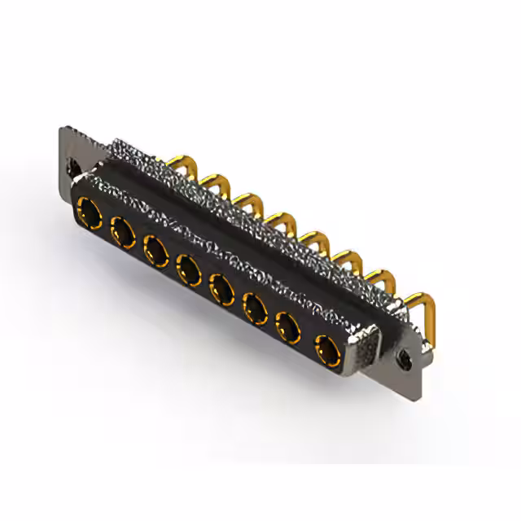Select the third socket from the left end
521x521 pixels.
tap(155, 250)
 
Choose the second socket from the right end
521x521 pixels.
tap(289, 328)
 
